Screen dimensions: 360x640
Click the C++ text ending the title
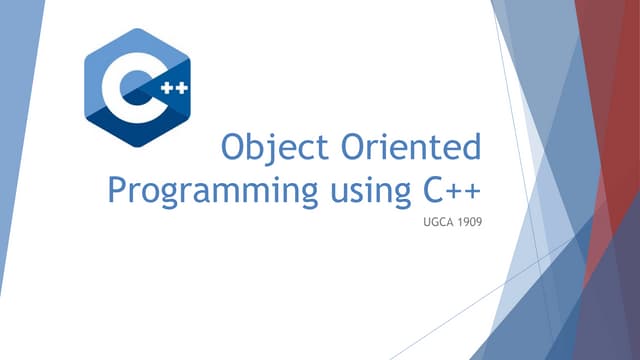click(x=446, y=190)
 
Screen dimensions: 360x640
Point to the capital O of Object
click(x=235, y=150)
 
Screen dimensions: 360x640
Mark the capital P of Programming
click(x=118, y=190)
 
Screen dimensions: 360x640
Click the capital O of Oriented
click(x=356, y=150)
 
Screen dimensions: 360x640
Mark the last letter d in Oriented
click(x=471, y=150)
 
